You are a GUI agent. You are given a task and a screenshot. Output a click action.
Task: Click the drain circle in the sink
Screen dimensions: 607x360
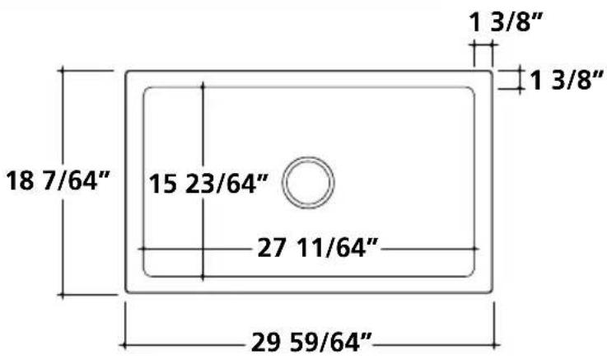pyautogui.click(x=308, y=157)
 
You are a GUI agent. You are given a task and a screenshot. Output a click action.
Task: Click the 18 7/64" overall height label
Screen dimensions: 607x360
pyautogui.click(x=58, y=180)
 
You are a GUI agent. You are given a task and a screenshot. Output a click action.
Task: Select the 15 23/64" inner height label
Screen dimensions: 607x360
pyautogui.click(x=208, y=184)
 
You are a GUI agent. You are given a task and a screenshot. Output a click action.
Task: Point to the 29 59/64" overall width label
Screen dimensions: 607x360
pyautogui.click(x=311, y=342)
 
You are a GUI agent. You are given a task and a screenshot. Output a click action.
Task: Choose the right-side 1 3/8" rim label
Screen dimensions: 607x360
pyautogui.click(x=567, y=80)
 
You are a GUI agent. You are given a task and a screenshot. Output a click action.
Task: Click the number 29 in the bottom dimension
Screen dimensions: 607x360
pyautogui.click(x=265, y=342)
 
